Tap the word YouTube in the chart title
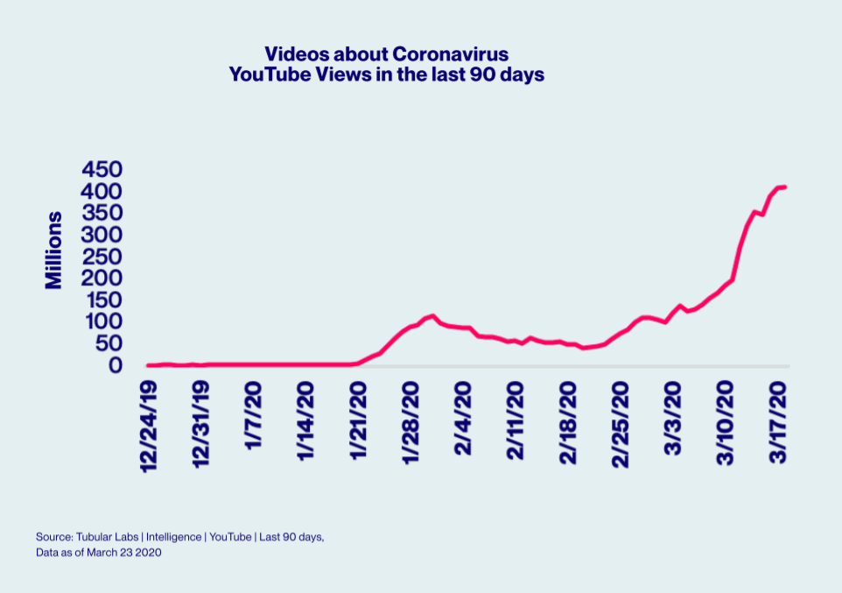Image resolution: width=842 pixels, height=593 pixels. [267, 75]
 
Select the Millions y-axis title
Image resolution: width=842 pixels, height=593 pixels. [54, 250]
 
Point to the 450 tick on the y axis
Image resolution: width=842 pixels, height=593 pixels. [102, 169]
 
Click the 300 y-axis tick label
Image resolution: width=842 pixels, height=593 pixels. [102, 235]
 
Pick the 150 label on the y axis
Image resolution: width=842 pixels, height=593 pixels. [102, 300]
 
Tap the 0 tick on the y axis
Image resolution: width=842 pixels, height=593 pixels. [116, 365]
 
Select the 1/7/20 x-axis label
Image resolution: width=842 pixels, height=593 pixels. [254, 418]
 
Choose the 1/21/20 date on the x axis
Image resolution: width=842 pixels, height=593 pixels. [358, 422]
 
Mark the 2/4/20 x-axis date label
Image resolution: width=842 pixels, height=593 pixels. [463, 418]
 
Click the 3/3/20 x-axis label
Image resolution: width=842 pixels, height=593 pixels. [673, 418]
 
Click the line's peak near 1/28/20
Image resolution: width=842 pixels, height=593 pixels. [432, 315]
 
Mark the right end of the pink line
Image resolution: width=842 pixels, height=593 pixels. [785, 187]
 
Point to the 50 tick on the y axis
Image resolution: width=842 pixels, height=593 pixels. [109, 343]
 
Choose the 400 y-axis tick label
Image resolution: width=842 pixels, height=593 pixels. [102, 191]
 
